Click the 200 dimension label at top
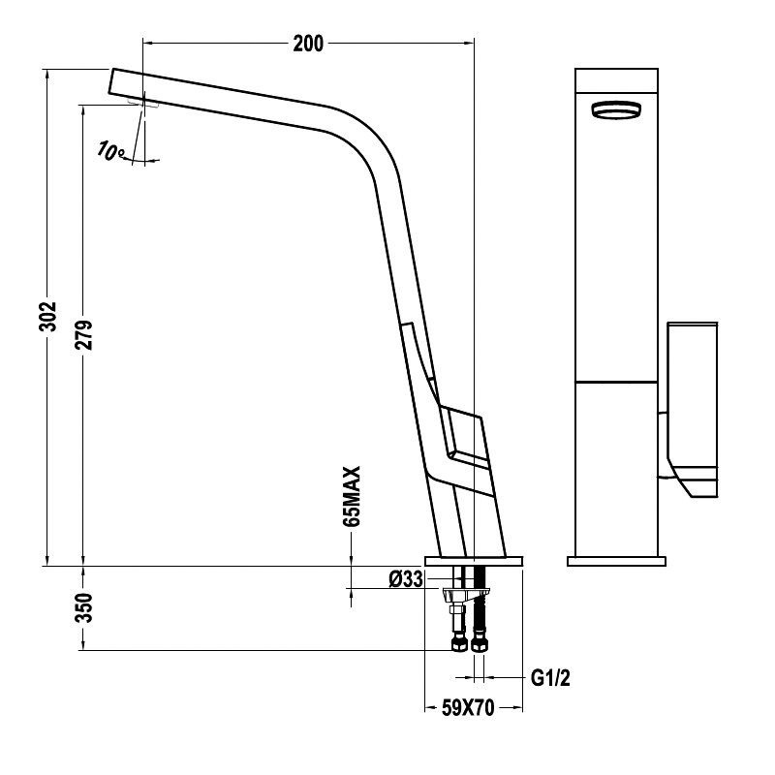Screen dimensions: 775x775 (x=308, y=44)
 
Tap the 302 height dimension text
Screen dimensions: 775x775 (x=48, y=316)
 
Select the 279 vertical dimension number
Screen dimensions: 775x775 (x=84, y=334)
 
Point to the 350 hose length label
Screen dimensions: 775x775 (x=84, y=607)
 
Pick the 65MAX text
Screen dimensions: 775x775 (x=353, y=496)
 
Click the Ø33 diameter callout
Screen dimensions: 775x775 (x=406, y=578)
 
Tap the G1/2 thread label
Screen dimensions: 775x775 (x=550, y=677)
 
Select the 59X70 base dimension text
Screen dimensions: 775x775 (x=468, y=708)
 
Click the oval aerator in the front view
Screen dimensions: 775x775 (x=616, y=109)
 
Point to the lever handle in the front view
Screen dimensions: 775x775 (x=692, y=410)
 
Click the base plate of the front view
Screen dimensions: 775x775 (x=616, y=561)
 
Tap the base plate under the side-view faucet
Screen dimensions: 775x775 (x=474, y=561)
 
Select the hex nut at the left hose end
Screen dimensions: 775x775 (x=459, y=643)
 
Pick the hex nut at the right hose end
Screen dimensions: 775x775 (x=479, y=643)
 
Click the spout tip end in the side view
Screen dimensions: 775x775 (x=111, y=81)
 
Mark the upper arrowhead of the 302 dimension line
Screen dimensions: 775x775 (x=46, y=75)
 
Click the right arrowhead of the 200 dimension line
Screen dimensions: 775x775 (x=468, y=43)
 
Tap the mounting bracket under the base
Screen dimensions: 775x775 (x=467, y=593)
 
